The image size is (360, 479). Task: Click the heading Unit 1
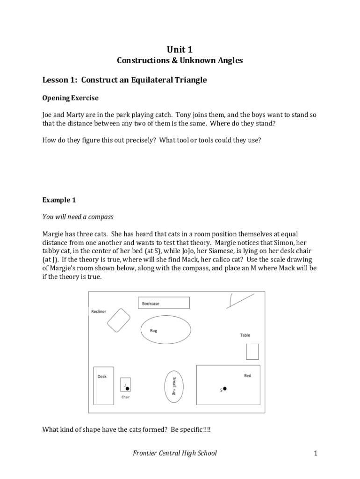[x=180, y=50]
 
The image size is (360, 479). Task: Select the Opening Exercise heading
[x=70, y=98]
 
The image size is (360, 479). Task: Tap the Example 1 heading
[x=59, y=200]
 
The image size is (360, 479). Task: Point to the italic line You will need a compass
[x=78, y=217]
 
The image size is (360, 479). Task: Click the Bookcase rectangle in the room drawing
[x=164, y=303]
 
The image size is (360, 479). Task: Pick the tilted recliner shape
[x=119, y=320]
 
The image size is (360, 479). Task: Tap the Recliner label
[x=99, y=312]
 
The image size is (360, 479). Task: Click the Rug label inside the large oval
[x=153, y=331]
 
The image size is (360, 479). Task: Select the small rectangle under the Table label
[x=252, y=351]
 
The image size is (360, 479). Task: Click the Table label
[x=245, y=335]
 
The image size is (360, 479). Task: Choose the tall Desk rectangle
[x=103, y=385]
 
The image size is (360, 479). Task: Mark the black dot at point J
[x=127, y=388]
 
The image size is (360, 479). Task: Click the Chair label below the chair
[x=125, y=397]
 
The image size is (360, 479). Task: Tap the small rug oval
[x=173, y=386]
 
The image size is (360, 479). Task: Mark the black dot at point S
[x=225, y=388]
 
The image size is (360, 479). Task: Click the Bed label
[x=247, y=376]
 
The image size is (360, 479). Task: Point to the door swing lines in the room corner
[x=238, y=300]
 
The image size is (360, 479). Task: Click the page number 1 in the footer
[x=316, y=453]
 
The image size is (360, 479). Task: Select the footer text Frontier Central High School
[x=175, y=453]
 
